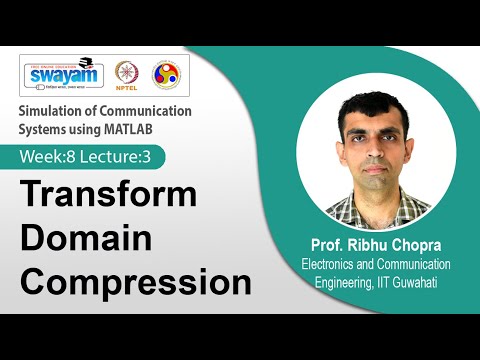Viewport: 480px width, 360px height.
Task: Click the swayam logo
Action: coord(62,77)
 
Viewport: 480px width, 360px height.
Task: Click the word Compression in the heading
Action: coord(136,282)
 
